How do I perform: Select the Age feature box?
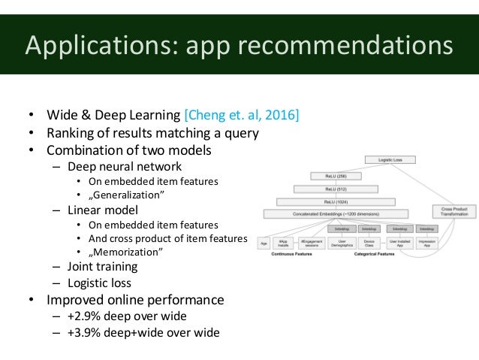(264, 243)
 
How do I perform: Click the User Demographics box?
(342, 243)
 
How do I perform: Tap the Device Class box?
(369, 243)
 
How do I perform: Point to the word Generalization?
(129, 195)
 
